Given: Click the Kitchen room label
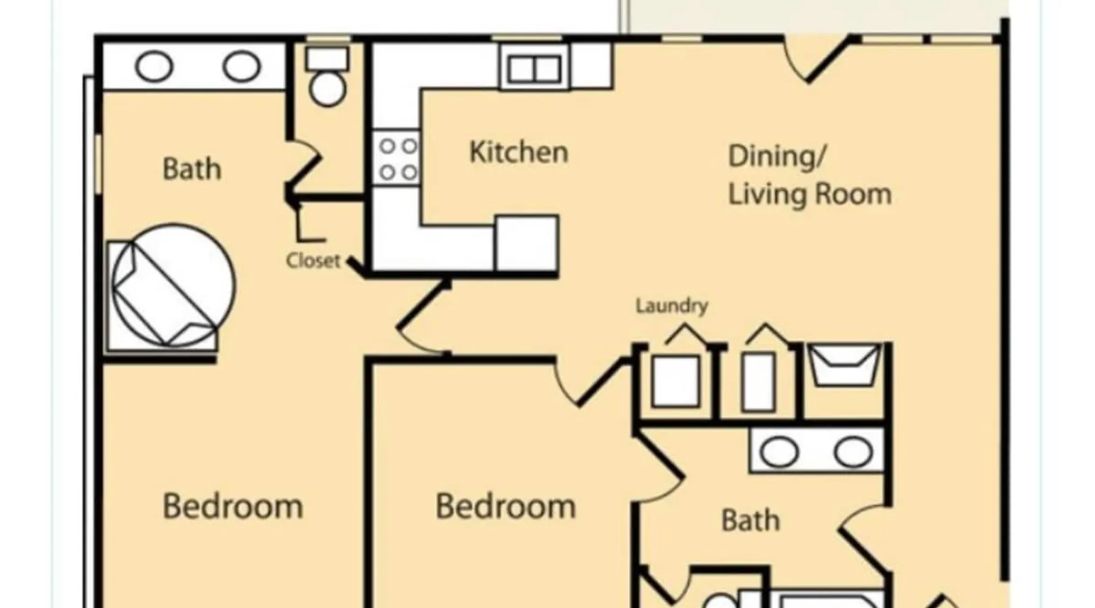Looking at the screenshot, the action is pyautogui.click(x=519, y=152).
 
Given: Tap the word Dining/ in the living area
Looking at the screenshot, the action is pyautogui.click(x=777, y=156).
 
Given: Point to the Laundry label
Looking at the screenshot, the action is pyautogui.click(x=672, y=305).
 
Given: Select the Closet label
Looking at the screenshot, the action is pyautogui.click(x=313, y=260).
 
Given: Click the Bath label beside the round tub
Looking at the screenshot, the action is pyautogui.click(x=192, y=169).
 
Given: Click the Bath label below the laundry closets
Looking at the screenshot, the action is pyautogui.click(x=750, y=520).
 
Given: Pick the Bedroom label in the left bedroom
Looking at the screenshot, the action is pyautogui.click(x=233, y=506).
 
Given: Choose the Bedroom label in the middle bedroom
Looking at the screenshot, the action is pyautogui.click(x=506, y=506).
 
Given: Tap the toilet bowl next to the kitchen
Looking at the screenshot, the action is pyautogui.click(x=327, y=89).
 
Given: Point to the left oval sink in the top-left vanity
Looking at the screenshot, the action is pyautogui.click(x=154, y=66).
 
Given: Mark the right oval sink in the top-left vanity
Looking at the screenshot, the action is pyautogui.click(x=242, y=66).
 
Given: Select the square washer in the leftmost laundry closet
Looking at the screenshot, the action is pyautogui.click(x=675, y=381).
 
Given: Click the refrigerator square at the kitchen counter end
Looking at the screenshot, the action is pyautogui.click(x=527, y=243).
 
